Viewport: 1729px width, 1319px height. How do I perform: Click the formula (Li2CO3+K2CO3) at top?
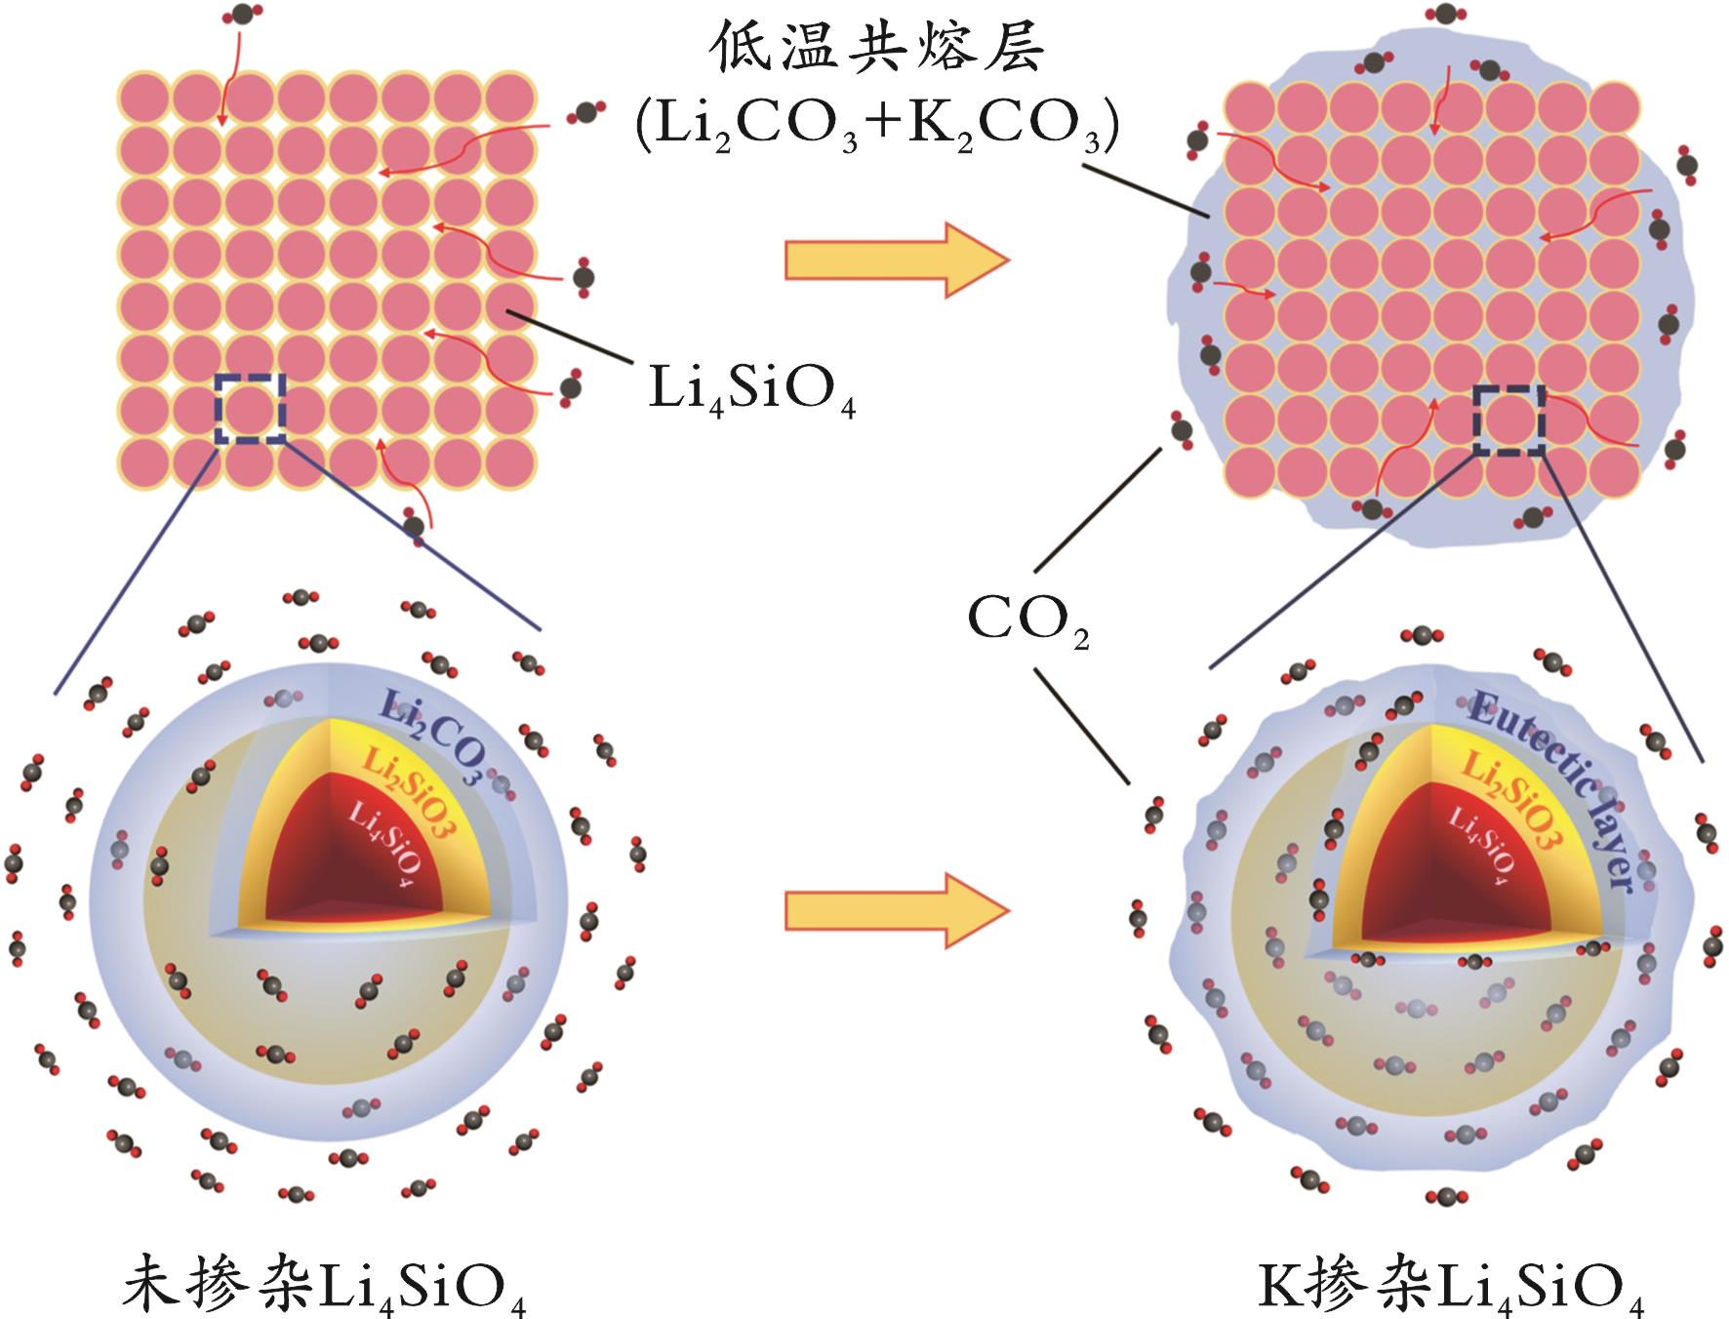click(875, 127)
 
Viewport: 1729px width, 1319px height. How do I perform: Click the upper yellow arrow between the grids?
click(896, 260)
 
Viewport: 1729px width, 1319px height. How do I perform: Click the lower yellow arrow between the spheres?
click(896, 909)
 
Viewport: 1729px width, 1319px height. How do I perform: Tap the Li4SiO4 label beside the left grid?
click(751, 391)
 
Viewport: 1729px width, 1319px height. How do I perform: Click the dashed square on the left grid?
click(251, 408)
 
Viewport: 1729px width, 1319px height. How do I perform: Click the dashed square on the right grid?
click(1508, 420)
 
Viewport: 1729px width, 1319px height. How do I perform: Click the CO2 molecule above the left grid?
click(237, 15)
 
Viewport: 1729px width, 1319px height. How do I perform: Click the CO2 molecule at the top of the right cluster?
click(1445, 14)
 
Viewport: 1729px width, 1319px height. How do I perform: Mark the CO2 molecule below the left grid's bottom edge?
click(415, 526)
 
